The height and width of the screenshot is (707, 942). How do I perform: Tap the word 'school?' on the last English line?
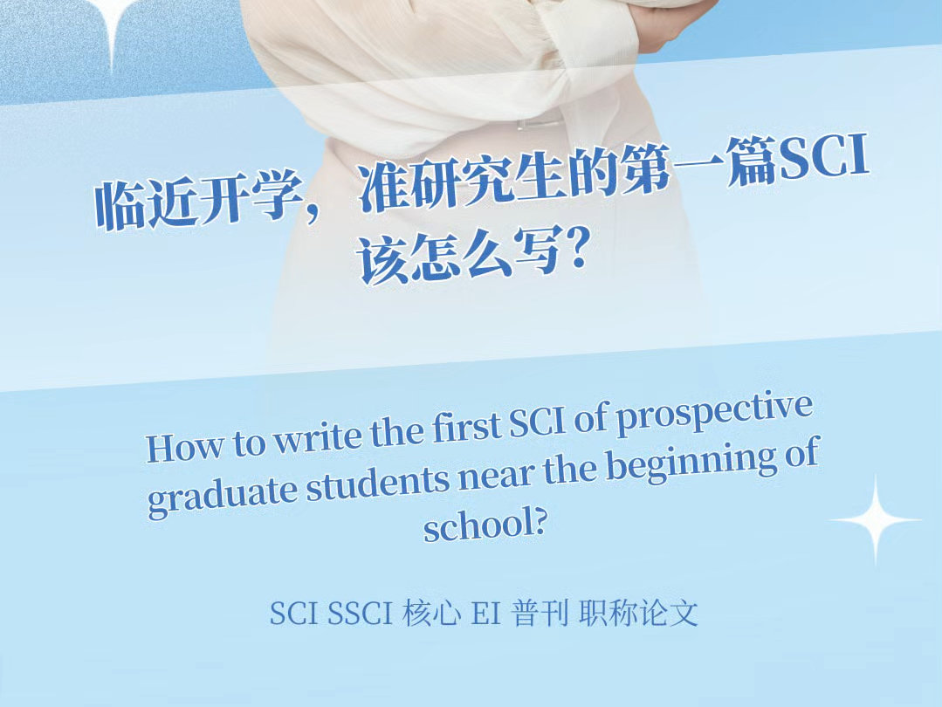coord(485,525)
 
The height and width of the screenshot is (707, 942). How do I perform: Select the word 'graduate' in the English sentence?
coord(223,496)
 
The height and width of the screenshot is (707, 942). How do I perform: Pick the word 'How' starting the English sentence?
coord(185,448)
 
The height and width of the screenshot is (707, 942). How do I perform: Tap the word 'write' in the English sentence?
coord(319,438)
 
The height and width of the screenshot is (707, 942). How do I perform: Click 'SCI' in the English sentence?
coord(537,422)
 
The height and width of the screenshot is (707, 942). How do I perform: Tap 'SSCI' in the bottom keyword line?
coord(360,614)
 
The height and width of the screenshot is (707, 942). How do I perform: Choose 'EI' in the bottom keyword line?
coord(486,614)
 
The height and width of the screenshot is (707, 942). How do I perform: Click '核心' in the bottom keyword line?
coord(432,614)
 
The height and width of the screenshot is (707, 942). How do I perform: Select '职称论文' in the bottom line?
coord(638,614)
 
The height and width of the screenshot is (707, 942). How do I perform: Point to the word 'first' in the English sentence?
coord(467,427)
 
